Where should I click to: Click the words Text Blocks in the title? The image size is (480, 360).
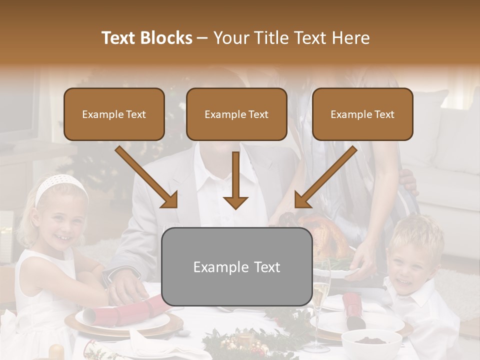146,38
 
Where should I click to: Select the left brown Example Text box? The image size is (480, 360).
114,114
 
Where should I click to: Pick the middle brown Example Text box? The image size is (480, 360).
236,114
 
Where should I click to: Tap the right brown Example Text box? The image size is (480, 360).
362,114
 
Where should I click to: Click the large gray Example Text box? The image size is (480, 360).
237,266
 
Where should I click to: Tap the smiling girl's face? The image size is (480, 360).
62,222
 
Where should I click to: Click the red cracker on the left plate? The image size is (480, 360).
125,310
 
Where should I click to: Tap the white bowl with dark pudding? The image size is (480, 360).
371,342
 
